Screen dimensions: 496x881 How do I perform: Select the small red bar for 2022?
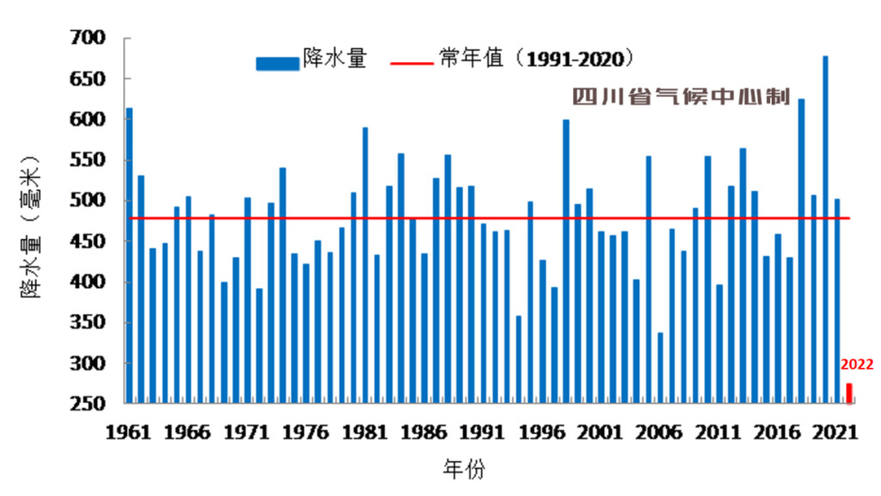(849, 393)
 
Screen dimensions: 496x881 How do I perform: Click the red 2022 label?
(857, 364)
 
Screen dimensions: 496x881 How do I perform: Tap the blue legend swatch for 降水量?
(276, 62)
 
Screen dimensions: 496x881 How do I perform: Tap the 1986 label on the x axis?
(423, 432)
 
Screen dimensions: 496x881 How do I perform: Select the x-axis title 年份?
(464, 469)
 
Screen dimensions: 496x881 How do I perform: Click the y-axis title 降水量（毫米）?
(31, 228)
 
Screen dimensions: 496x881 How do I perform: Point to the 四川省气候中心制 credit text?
(681, 97)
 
